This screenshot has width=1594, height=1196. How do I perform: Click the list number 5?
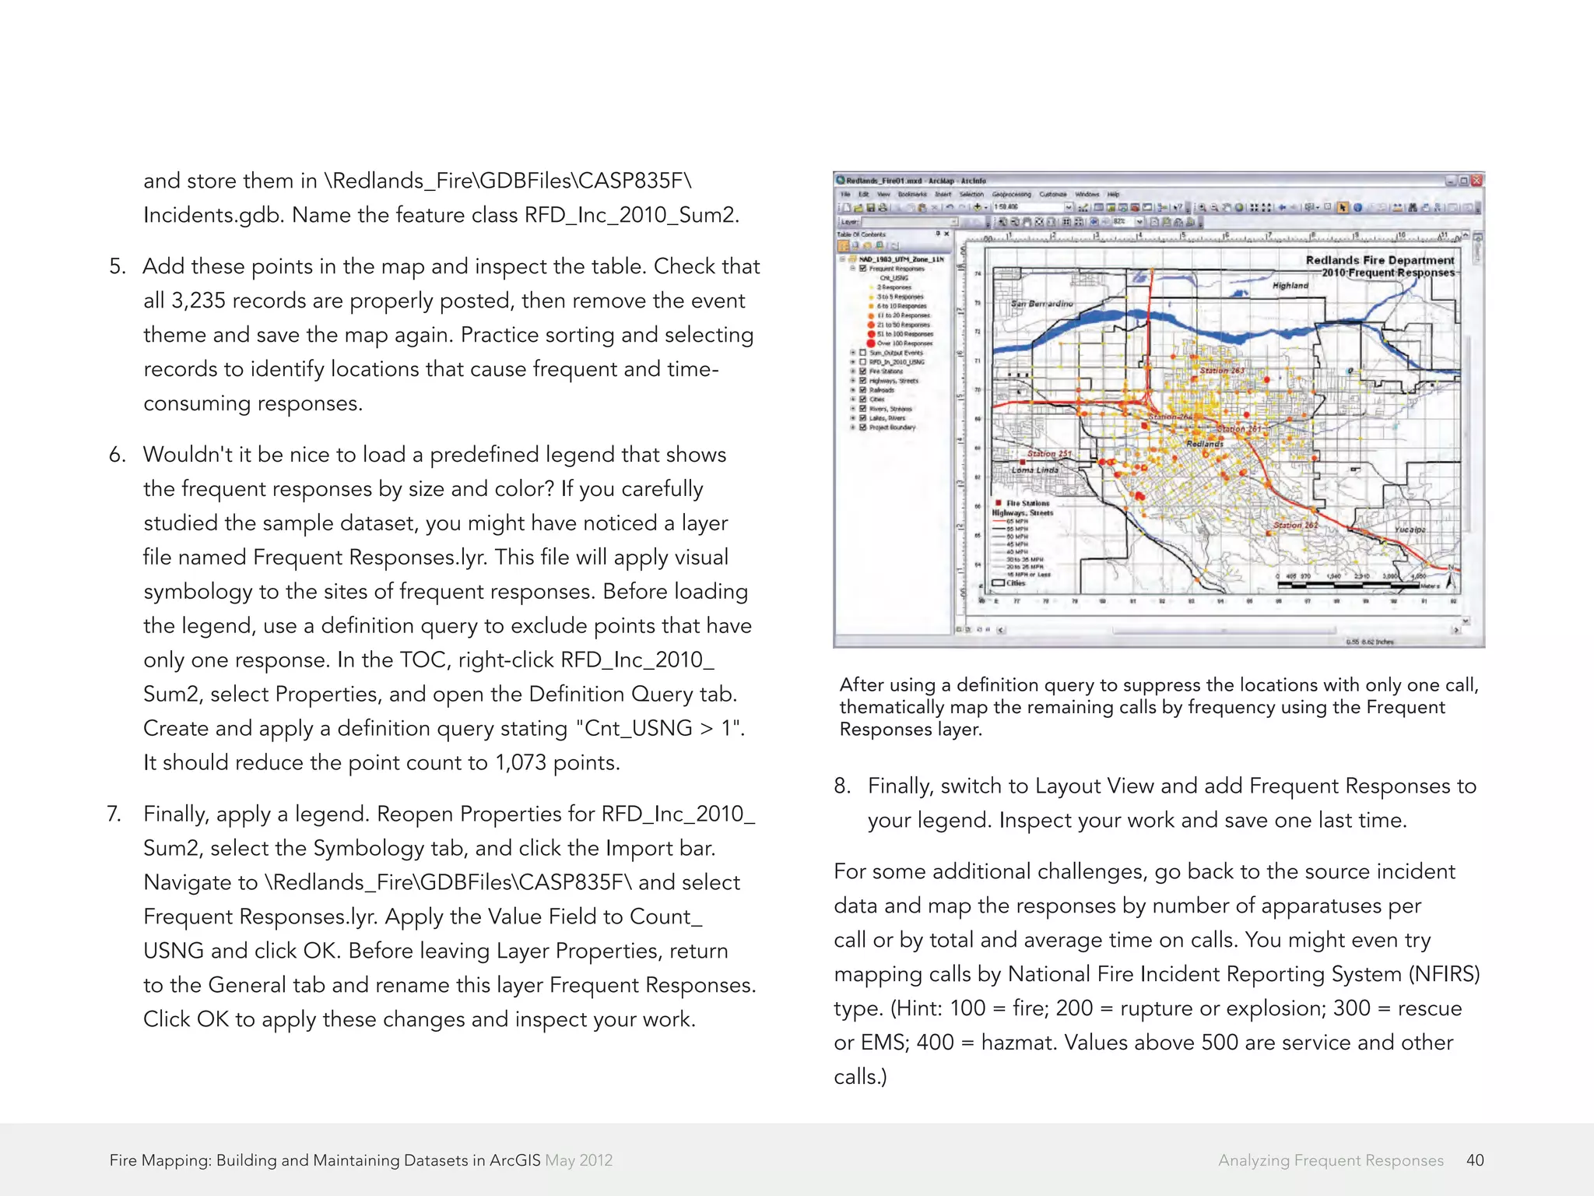point(117,267)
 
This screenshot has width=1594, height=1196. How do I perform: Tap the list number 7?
point(114,814)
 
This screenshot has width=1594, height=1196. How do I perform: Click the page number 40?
point(1474,1160)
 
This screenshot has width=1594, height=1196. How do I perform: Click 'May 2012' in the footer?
point(578,1160)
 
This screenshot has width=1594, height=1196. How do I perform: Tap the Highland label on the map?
point(1290,286)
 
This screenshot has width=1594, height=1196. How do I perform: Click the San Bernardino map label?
point(1041,304)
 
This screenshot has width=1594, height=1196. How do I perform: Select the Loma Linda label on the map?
point(1034,470)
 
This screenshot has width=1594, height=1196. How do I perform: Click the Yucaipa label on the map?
point(1410,529)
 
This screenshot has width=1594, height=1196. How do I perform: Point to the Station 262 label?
point(1295,525)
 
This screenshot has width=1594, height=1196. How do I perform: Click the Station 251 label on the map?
point(1048,453)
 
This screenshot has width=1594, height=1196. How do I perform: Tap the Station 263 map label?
point(1221,371)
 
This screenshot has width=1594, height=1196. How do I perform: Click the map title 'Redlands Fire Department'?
point(1379,260)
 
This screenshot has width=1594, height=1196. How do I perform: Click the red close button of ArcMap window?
point(1476,181)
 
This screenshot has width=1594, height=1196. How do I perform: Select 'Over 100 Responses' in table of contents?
point(904,343)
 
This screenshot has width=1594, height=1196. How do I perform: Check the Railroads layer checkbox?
point(863,390)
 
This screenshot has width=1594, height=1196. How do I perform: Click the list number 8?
point(841,786)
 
